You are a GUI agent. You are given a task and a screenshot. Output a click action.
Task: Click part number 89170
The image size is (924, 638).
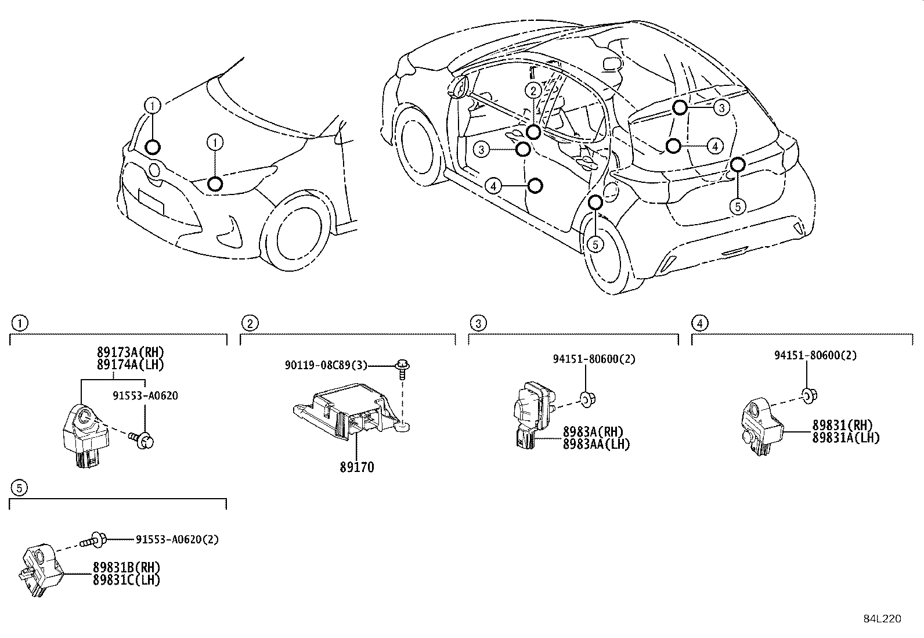(356, 467)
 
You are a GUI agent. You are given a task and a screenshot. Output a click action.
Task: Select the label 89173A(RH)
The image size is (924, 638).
(130, 352)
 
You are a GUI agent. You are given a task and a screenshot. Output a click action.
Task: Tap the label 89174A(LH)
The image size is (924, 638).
(130, 365)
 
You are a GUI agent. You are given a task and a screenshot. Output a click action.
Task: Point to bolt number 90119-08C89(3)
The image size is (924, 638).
(326, 365)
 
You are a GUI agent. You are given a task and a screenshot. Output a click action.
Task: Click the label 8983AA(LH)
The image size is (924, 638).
(595, 444)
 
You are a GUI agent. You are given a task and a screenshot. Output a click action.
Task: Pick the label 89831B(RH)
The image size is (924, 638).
(127, 567)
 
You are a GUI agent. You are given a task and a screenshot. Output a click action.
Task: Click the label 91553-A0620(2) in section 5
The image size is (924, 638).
(177, 539)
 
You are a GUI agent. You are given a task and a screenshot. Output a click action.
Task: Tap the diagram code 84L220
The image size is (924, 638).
(882, 619)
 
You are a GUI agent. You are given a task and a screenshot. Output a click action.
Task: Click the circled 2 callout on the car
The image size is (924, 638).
(533, 90)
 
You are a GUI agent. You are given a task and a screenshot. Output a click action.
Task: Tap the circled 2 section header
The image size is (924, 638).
(248, 323)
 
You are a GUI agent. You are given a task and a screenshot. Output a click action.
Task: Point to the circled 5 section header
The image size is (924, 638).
(19, 488)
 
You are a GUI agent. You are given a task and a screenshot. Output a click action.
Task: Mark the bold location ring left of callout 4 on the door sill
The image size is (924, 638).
(535, 186)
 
